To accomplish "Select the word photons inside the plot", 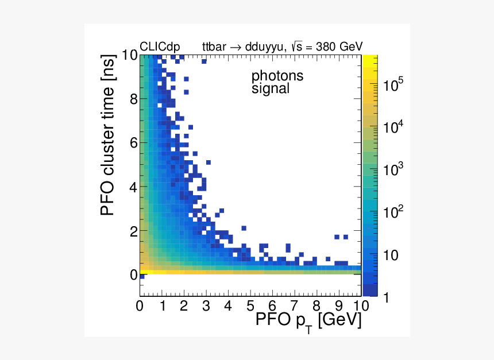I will (277, 76).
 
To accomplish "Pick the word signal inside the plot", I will (270, 89).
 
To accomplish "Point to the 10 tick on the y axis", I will (129, 56).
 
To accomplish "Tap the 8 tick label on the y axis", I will (133, 99).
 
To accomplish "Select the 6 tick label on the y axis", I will (133, 144).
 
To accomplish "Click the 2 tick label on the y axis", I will (133, 231).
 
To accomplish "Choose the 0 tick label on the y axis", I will (133, 276).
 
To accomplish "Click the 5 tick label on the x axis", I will (250, 305).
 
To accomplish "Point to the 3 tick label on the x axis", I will (206, 305).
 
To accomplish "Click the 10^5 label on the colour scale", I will (393, 86).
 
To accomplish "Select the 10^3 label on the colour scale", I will (393, 171).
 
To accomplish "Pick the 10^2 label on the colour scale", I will (393, 212).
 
